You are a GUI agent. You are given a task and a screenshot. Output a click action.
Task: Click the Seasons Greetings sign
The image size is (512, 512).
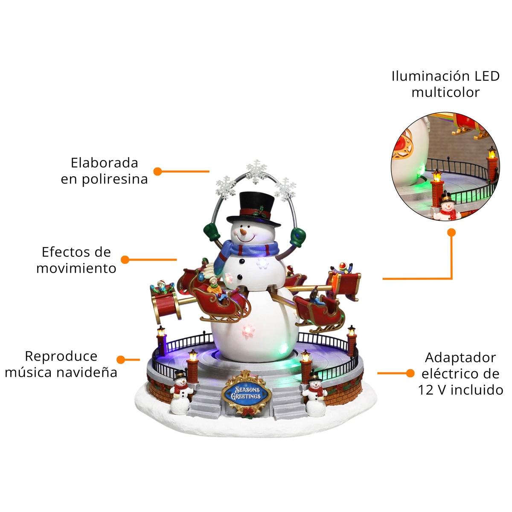tap(246, 393)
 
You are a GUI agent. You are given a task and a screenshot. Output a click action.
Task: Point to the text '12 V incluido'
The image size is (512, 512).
tap(460, 390)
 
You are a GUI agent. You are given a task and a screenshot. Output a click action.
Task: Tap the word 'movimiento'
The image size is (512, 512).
tap(76, 268)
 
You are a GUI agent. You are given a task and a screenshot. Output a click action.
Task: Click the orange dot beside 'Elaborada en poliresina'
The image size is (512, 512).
tap(157, 172)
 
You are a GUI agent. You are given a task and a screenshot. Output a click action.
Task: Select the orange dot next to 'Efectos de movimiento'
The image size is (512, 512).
tap(125, 259)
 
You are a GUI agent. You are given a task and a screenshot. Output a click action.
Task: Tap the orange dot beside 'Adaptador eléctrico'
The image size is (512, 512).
tap(410, 373)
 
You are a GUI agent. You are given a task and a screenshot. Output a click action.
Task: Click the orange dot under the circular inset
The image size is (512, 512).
tap(451, 233)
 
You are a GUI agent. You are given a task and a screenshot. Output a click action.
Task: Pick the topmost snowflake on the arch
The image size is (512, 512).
tap(256, 172)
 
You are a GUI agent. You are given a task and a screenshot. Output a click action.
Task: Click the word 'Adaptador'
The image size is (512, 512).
tap(460, 358)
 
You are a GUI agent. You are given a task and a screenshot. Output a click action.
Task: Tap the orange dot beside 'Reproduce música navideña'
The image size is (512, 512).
tap(121, 360)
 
